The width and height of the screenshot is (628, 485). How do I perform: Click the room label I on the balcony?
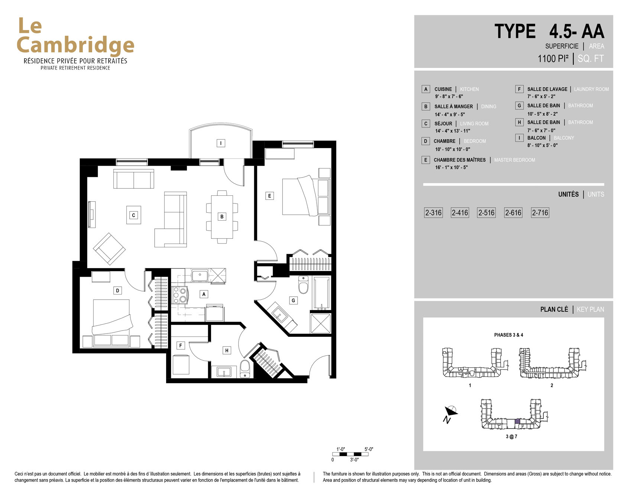tap(221, 143)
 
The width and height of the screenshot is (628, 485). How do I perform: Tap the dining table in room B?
tap(222, 217)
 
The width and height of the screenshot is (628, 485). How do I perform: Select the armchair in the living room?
tap(109, 248)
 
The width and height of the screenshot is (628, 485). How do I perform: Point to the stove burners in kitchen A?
tap(179, 295)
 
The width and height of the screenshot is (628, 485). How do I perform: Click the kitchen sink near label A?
tap(200, 275)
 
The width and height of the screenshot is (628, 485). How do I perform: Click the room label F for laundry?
tap(181, 345)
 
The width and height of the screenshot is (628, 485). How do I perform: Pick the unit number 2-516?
tap(486, 213)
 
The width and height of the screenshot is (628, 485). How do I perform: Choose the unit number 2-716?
tap(540, 213)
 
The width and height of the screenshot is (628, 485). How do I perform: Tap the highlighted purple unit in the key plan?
tap(518, 421)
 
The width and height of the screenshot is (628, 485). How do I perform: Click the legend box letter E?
tap(426, 160)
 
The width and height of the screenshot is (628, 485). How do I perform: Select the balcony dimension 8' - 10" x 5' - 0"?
tap(542, 145)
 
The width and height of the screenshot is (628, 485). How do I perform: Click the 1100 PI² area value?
tap(553, 59)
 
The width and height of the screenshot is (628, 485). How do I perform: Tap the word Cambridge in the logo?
tap(75, 45)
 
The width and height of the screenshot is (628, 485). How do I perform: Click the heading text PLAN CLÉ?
tap(554, 309)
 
